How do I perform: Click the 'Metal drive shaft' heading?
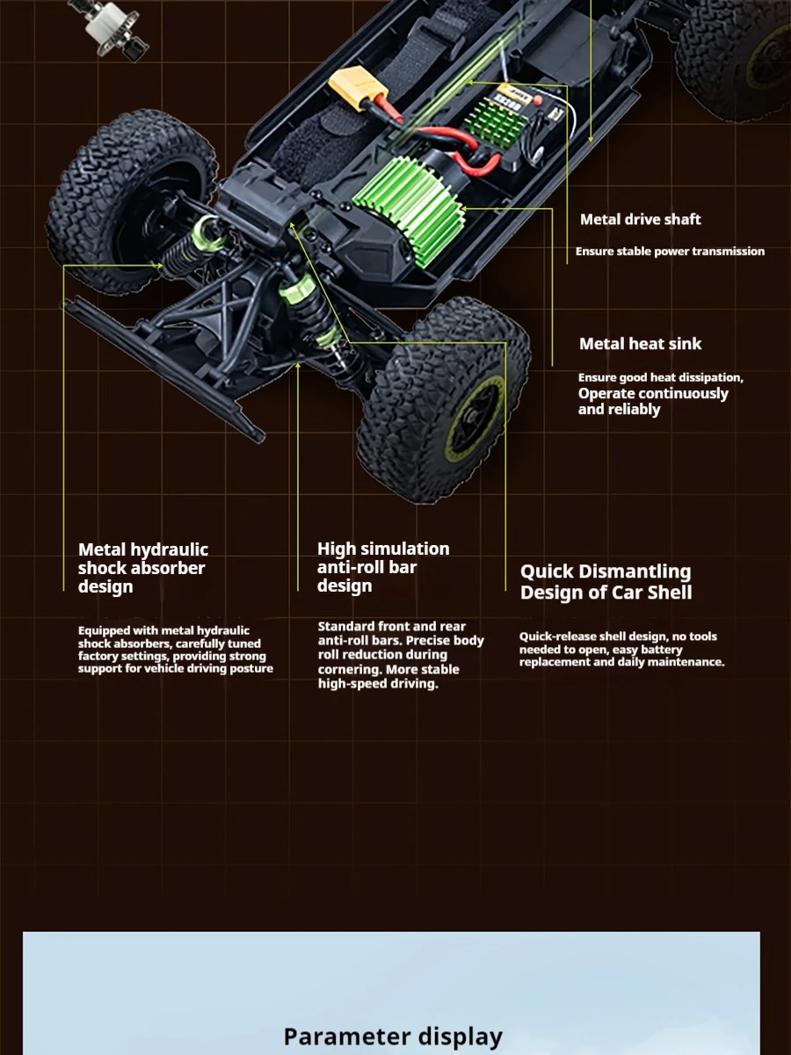pos(640,220)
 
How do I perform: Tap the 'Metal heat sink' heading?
pos(640,344)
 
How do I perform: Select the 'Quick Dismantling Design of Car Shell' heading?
pos(606,582)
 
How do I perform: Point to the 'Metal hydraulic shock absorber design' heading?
pos(143,568)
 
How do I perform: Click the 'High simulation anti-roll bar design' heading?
pos(383,567)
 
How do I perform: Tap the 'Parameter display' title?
pos(393,1037)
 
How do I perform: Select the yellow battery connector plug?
pos(353,90)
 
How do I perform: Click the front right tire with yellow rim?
pos(444,400)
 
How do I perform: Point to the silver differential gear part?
pos(115,26)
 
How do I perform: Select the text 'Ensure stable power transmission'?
pos(670,251)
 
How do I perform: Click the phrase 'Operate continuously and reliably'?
pos(653,401)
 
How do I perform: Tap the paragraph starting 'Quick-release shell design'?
pos(621,649)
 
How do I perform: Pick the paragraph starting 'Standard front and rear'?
pos(400,655)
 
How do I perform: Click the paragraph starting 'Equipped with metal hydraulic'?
pos(175,650)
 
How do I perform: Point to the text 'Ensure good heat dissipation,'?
pos(660,377)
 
